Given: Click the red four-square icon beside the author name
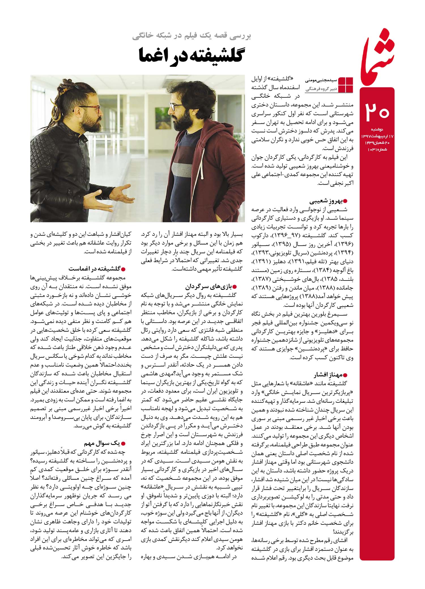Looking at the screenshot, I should [346, 84].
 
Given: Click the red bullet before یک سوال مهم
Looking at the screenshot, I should [123, 444].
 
